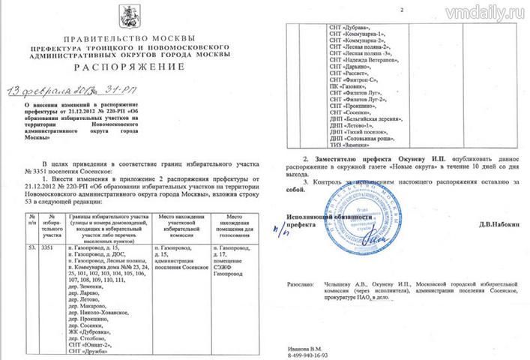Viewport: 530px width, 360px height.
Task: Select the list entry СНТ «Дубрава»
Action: pyautogui.click(x=355, y=26)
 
